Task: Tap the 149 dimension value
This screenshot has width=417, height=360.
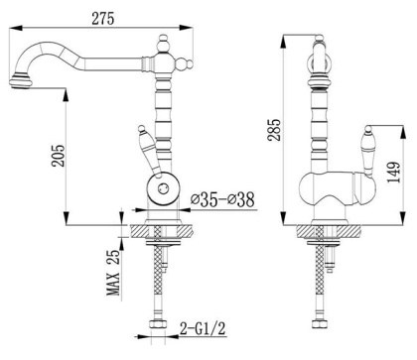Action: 395,180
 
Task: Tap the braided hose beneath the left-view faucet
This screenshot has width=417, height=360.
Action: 158,288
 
